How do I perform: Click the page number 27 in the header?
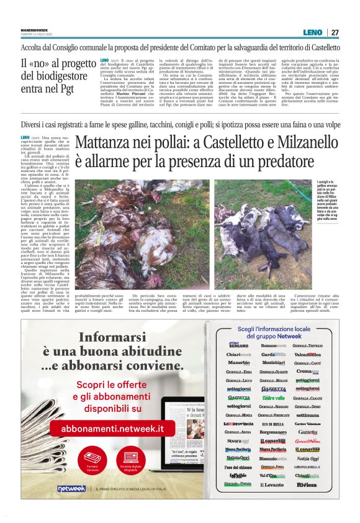click(335, 32)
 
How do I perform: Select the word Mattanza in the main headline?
click(110, 143)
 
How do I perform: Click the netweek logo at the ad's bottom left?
click(71, 489)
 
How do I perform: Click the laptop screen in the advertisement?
click(186, 429)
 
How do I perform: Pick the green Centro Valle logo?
click(273, 398)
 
